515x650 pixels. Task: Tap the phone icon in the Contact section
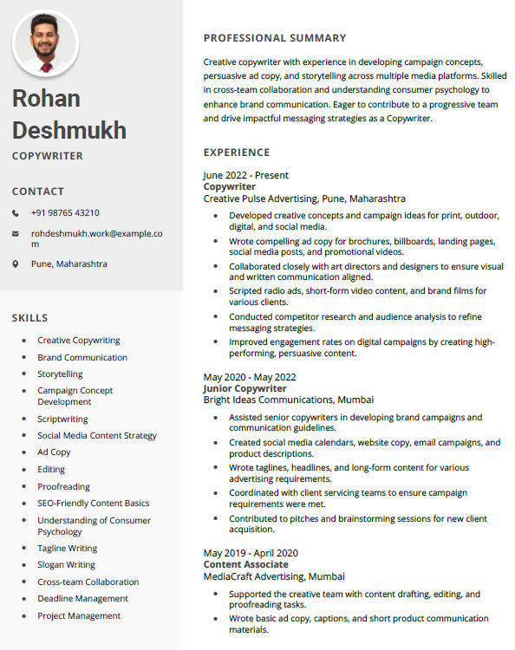click(x=16, y=213)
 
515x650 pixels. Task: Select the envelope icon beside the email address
click(x=16, y=234)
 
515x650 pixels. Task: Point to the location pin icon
click(x=16, y=263)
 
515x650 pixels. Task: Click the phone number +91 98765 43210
click(x=65, y=213)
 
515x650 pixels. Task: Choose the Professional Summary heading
click(x=275, y=38)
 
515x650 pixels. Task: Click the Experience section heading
click(x=237, y=153)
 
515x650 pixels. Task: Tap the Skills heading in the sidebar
click(x=30, y=318)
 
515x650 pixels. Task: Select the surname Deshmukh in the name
click(x=69, y=131)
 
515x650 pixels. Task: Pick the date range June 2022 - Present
click(x=246, y=175)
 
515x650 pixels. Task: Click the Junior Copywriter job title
click(x=244, y=389)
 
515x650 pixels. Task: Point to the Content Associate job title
click(x=246, y=565)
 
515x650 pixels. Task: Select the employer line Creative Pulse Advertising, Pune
click(x=304, y=198)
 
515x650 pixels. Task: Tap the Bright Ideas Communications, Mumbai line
click(x=289, y=400)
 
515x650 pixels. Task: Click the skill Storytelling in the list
click(x=60, y=374)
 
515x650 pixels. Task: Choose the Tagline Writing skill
click(x=68, y=549)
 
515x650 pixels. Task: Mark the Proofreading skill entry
click(x=63, y=487)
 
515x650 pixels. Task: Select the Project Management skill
click(x=79, y=616)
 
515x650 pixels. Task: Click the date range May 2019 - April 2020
click(x=251, y=553)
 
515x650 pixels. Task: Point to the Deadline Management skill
click(x=82, y=599)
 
